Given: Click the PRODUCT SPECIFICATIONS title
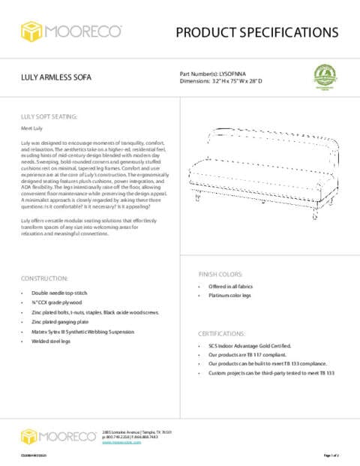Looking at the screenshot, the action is pos(256,32).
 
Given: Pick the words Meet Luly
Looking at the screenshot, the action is pos(31,129).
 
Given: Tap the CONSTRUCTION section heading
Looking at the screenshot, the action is pos(46,278).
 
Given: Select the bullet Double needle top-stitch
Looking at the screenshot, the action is pos(61,292).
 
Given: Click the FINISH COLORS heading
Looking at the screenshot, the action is pos(220,274).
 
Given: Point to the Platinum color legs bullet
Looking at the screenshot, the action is pos(229,296).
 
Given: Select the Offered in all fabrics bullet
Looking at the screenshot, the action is pos(230,287).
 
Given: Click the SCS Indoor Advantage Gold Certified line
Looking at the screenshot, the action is pos(249,346).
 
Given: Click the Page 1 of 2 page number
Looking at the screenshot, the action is pos(331,455).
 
